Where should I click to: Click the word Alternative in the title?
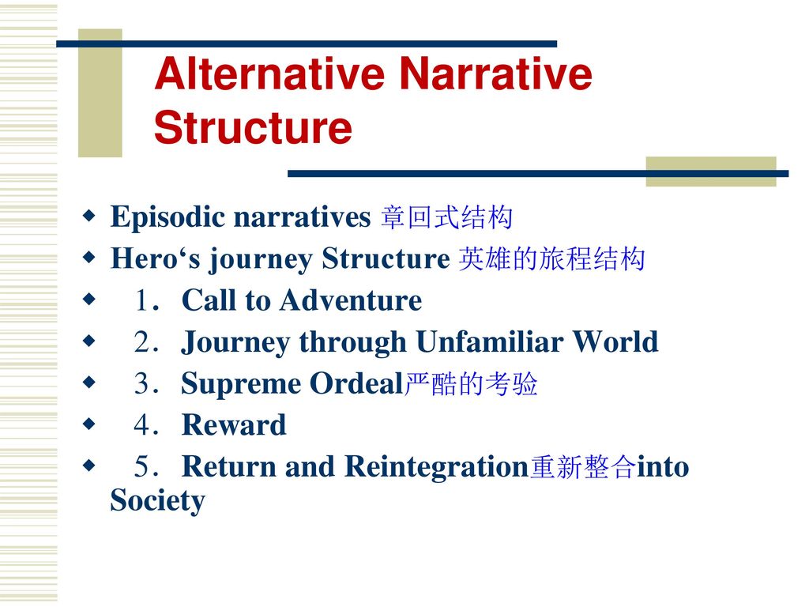point(270,74)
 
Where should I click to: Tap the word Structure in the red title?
point(253,127)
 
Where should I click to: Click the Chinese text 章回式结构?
point(447,217)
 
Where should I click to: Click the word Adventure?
point(351,300)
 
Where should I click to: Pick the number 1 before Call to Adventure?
point(142,300)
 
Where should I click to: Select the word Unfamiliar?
point(489,341)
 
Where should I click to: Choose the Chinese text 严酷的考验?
point(471,383)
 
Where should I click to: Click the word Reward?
point(234,425)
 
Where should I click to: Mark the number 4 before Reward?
point(142,425)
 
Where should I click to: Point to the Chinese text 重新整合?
point(582,467)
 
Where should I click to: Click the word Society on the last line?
point(158,500)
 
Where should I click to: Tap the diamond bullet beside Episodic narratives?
point(89,215)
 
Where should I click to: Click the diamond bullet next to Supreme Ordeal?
point(89,382)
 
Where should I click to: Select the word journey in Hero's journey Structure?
point(261,259)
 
